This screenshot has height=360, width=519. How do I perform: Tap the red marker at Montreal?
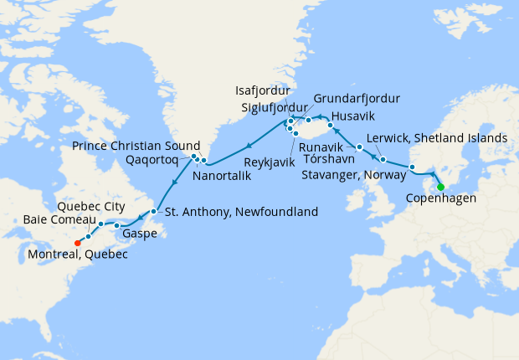click(x=76, y=244)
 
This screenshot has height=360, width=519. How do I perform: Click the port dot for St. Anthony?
click(x=154, y=212)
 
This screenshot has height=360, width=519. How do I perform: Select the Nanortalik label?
click(x=224, y=177)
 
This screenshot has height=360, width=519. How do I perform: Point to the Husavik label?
click(x=355, y=115)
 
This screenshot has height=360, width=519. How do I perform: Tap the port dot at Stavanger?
click(x=412, y=167)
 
